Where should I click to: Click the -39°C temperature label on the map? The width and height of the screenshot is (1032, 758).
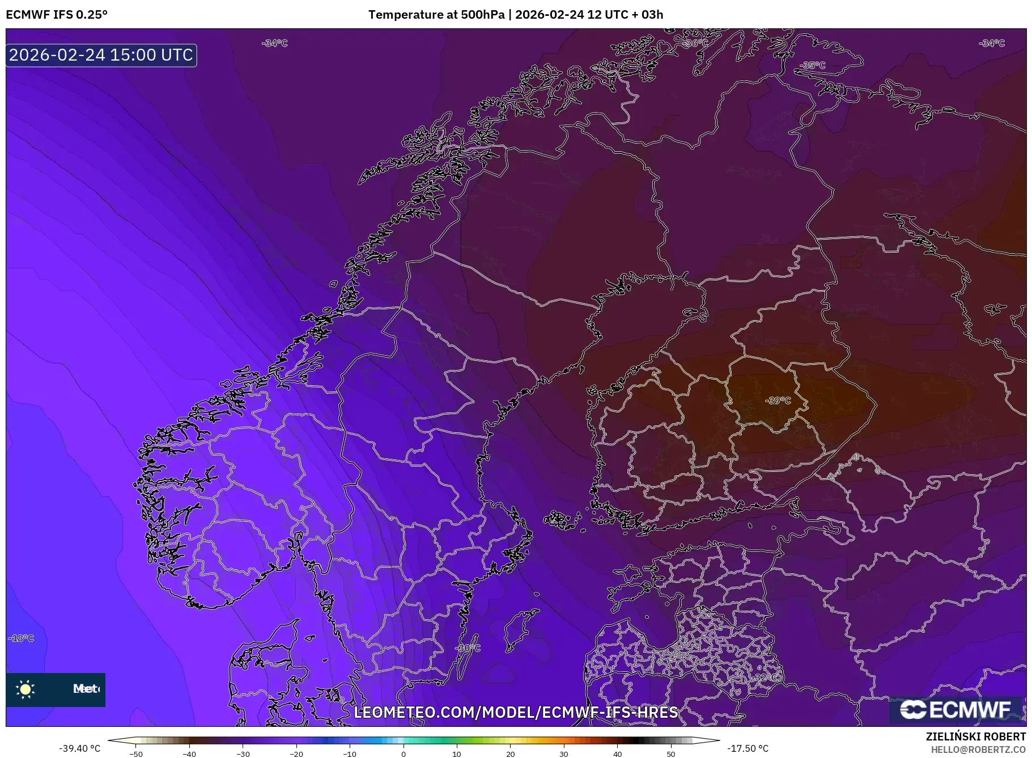(778, 401)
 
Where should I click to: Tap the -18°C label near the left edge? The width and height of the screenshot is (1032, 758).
(22, 638)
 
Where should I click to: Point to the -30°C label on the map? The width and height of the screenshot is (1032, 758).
(468, 648)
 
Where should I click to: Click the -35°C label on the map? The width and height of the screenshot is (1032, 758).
(813, 65)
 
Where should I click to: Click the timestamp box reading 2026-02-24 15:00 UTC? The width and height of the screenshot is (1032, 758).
(101, 55)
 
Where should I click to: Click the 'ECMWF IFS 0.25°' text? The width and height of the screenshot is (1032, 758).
(57, 15)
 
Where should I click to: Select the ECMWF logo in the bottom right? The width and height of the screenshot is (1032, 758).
(956, 709)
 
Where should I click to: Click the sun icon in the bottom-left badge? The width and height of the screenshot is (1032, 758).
(26, 689)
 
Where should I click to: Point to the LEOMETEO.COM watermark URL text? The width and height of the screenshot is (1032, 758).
(516, 712)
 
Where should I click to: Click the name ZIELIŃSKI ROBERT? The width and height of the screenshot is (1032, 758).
(975, 736)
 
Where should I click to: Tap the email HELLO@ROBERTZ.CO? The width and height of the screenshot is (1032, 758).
(978, 750)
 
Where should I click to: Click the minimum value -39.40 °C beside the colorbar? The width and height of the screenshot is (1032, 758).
(80, 748)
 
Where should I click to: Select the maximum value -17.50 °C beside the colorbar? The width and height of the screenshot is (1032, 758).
(748, 748)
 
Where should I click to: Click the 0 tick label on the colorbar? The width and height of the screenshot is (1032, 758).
(404, 754)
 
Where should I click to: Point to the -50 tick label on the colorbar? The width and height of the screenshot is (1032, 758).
(135, 754)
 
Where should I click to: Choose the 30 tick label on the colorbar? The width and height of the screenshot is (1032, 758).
(564, 754)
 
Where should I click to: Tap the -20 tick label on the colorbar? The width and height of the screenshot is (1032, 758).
(296, 754)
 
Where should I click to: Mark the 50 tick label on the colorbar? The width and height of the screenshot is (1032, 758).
(671, 754)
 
